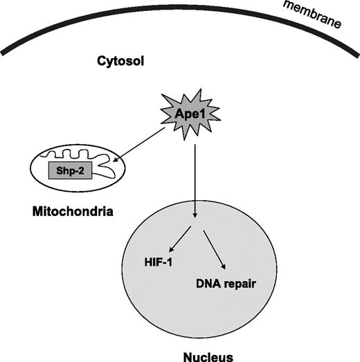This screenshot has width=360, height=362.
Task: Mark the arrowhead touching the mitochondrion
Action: point(115,161)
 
